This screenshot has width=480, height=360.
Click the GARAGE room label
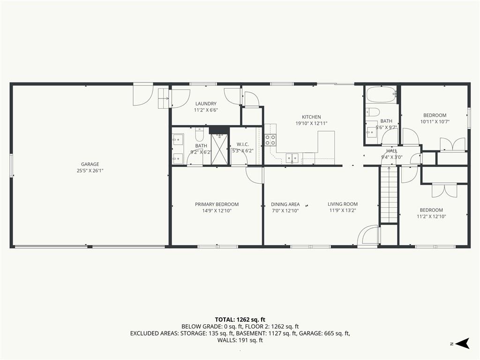90,164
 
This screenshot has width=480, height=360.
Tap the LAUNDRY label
206,104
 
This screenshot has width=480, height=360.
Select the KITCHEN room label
311,117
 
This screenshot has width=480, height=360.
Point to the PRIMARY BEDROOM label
217,204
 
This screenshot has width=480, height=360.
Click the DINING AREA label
285,204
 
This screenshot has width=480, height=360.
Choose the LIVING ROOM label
343,204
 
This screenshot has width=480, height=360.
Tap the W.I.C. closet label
243,144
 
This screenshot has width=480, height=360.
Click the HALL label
392,150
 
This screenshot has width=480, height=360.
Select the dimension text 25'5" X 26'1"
90,171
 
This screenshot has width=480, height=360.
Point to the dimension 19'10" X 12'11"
311,123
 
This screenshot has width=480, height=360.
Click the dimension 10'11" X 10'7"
435,121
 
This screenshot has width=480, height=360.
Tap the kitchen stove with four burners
270,140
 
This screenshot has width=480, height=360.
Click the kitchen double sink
292,158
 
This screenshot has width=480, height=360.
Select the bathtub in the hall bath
381,95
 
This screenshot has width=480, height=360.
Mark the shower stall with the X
219,150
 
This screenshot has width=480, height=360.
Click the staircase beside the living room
389,195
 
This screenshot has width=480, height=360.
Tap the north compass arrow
462,343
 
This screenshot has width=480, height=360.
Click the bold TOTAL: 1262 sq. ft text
240,320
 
